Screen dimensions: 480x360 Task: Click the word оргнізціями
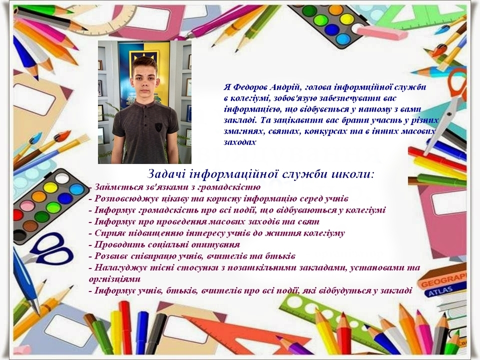click(x=115, y=279)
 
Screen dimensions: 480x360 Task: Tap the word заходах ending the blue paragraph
click(x=240, y=142)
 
